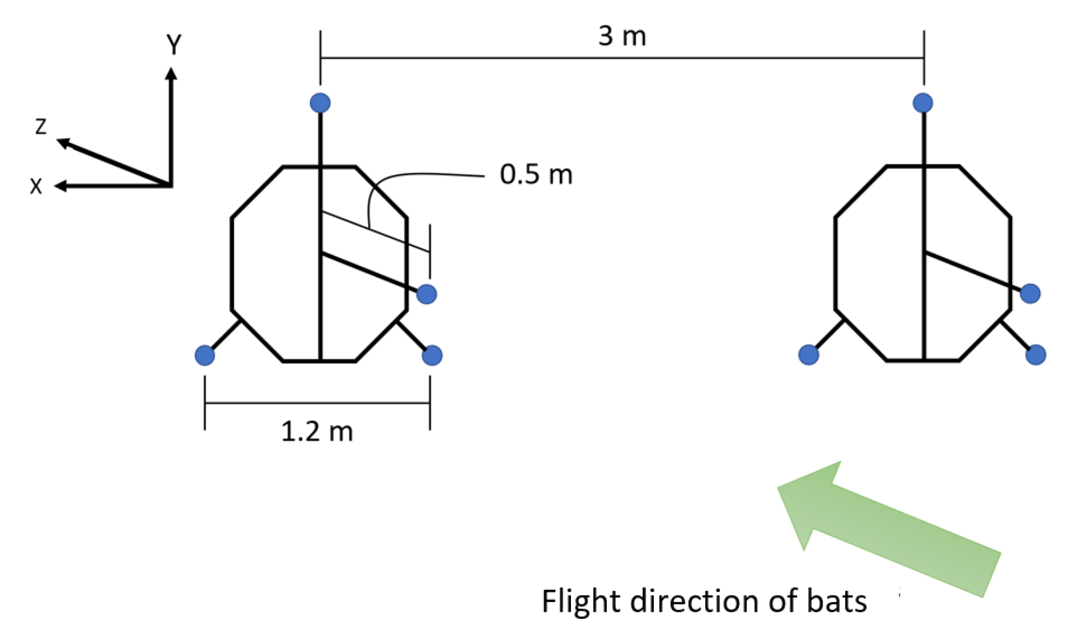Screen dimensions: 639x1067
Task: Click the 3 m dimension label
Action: click(622, 36)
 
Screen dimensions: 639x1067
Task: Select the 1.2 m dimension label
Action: click(317, 432)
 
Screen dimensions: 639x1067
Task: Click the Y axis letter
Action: click(174, 45)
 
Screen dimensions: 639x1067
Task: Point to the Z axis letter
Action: click(41, 127)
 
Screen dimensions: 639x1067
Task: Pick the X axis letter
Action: click(36, 186)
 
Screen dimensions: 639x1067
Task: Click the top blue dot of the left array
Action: click(320, 103)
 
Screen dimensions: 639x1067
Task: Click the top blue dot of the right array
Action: click(923, 103)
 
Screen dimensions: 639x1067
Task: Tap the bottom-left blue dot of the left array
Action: click(205, 355)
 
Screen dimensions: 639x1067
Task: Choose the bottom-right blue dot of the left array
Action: click(432, 355)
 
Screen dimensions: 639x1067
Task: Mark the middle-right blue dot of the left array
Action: click(426, 294)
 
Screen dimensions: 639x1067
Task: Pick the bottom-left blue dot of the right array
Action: click(808, 355)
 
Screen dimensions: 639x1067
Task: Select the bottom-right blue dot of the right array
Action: click(1036, 355)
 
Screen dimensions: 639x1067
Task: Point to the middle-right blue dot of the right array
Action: click(1030, 293)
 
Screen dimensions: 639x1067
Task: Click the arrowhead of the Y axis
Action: click(171, 74)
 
